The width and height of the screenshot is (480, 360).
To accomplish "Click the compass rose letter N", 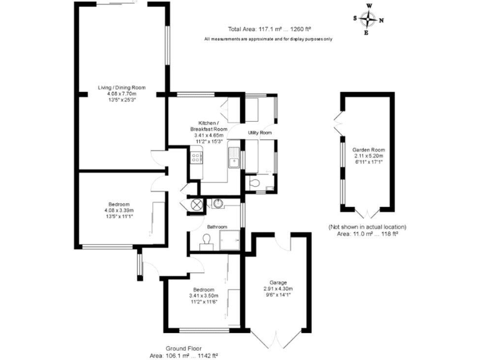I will click(x=381, y=21).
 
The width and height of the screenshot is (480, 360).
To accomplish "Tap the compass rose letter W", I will click(x=369, y=6).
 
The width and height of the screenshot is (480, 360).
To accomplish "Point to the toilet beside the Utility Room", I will click(x=253, y=183).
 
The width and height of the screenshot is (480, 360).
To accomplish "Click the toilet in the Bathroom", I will click(x=206, y=242).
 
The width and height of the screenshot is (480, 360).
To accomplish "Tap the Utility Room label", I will click(x=259, y=132).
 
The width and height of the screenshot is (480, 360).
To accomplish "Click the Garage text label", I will click(x=278, y=282).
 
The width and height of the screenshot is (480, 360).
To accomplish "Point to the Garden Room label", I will click(x=368, y=150).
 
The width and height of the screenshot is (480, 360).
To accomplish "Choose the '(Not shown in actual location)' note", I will click(x=367, y=226).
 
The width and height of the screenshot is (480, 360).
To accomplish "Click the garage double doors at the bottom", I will click(x=277, y=341).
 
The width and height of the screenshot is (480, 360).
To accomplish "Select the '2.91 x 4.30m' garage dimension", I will click(x=278, y=289).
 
